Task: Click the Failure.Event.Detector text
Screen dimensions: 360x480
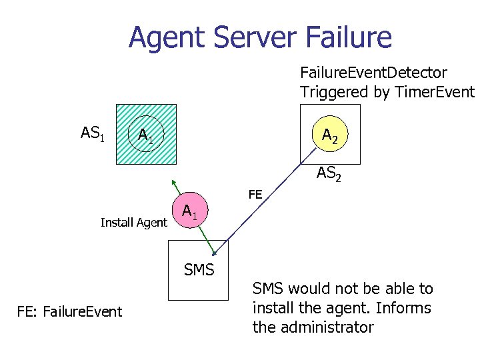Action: [x=373, y=71]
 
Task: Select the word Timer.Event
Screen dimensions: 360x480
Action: [x=434, y=92]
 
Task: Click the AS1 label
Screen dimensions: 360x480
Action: [x=92, y=133]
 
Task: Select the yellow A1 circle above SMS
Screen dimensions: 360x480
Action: [x=190, y=213]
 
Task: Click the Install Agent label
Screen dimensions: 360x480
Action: [x=133, y=223]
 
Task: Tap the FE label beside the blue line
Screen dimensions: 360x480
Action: [x=255, y=195]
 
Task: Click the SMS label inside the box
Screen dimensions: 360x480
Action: [x=199, y=270]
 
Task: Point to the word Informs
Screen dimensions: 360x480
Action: [x=407, y=308]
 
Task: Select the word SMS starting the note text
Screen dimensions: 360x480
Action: [x=266, y=289]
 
